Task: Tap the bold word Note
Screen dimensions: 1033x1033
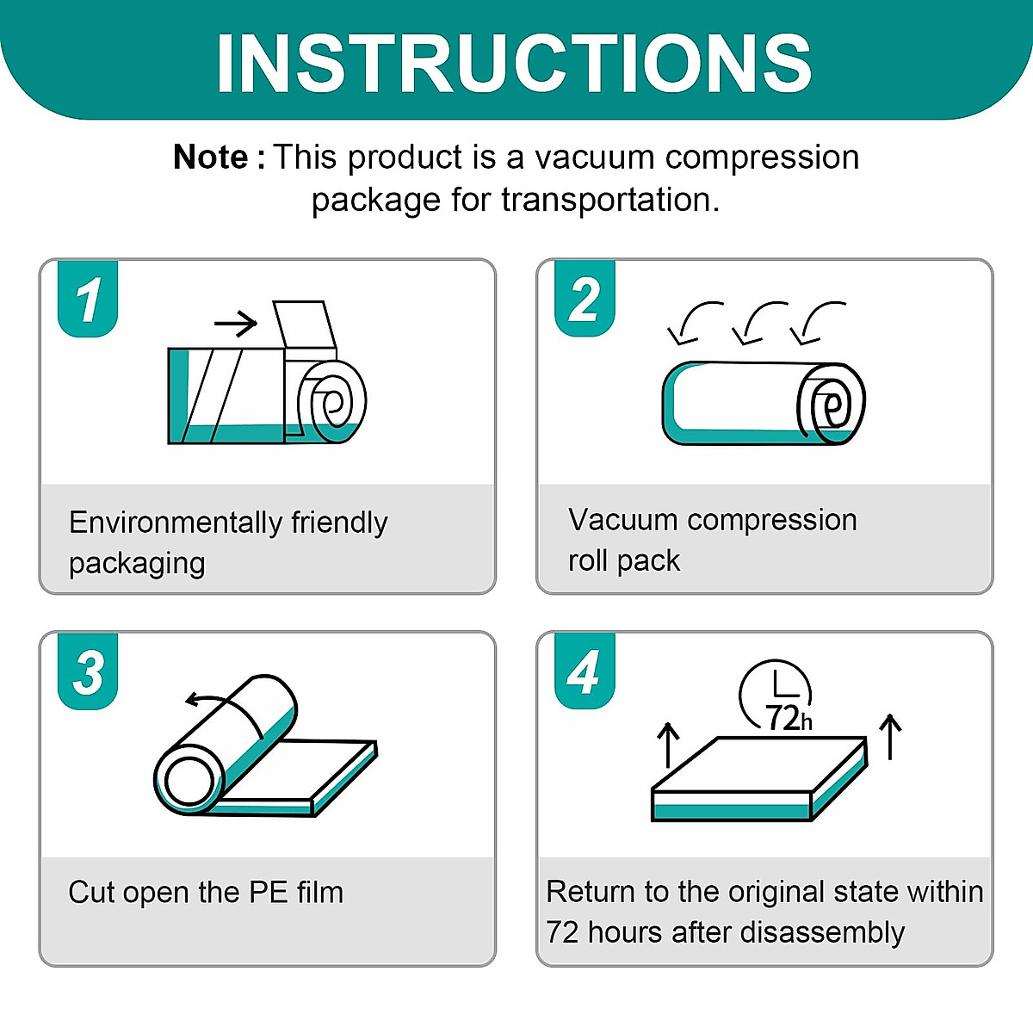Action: coord(211,158)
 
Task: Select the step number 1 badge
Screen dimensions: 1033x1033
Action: coord(88,300)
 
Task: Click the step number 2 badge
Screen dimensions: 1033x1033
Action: coord(585,300)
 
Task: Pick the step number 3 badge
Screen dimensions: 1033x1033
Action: coord(88,672)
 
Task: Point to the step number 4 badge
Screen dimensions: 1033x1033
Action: coord(585,672)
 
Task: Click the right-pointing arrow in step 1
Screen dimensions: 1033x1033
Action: coord(236,324)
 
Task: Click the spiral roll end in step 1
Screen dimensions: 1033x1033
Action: coord(332,401)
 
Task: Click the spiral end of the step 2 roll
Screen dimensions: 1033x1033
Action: coord(830,403)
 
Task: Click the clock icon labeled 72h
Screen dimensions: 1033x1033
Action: coord(776,696)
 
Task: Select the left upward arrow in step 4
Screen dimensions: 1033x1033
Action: coord(668,744)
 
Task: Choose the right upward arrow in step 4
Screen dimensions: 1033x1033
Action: coord(890,736)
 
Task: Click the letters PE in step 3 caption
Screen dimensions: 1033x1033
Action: coord(268,893)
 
